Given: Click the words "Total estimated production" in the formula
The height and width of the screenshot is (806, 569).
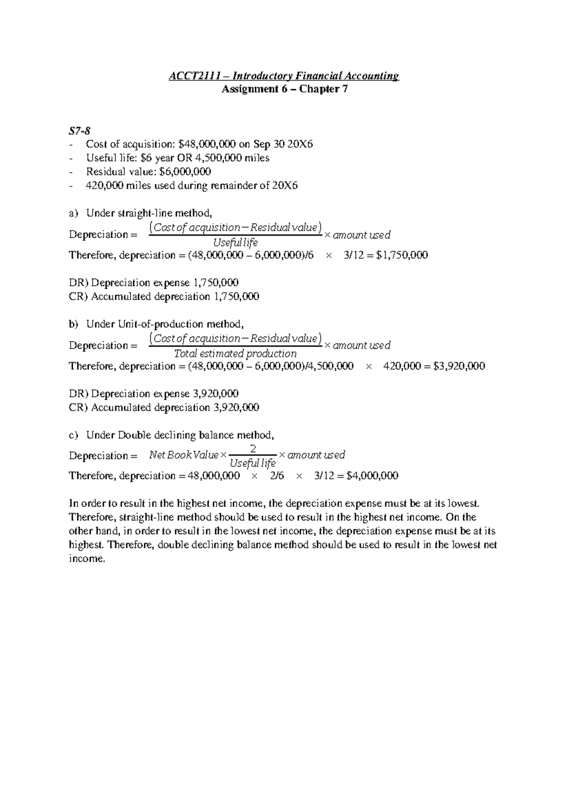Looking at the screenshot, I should pyautogui.click(x=235, y=354).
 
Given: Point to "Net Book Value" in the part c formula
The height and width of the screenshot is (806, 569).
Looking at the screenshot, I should pyautogui.click(x=184, y=455).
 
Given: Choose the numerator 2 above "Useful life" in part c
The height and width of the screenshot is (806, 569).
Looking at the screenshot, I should pyautogui.click(x=253, y=449).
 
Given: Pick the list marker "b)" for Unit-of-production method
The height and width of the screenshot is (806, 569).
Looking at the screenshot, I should pyautogui.click(x=73, y=324).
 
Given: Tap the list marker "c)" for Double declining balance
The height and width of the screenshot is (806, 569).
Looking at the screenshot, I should pyautogui.click(x=73, y=435).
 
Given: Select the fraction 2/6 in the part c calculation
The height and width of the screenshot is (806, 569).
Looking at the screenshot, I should pyautogui.click(x=277, y=476).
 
